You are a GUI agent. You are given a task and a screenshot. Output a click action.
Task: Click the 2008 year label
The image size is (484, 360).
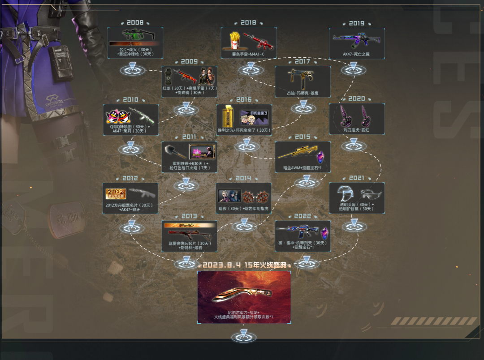(x=135, y=22)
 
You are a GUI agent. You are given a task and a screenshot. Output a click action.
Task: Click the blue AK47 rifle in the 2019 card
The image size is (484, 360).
(x=356, y=39)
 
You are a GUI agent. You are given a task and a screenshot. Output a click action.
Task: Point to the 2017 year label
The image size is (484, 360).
(x=302, y=61)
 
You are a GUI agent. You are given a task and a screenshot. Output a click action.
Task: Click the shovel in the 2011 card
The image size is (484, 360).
(x=174, y=153)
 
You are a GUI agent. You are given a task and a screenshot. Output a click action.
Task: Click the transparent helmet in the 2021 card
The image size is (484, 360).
(x=345, y=192)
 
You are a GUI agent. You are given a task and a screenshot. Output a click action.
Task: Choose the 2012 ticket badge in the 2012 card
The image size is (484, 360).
(x=116, y=193)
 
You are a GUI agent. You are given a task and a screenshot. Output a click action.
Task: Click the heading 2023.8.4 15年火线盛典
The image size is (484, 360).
(x=243, y=265)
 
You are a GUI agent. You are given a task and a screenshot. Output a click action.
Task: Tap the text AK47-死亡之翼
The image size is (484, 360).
(x=357, y=54)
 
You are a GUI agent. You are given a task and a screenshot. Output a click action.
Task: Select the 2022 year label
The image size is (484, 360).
(x=302, y=216)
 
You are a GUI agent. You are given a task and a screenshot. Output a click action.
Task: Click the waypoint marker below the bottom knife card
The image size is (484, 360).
(x=244, y=335)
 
